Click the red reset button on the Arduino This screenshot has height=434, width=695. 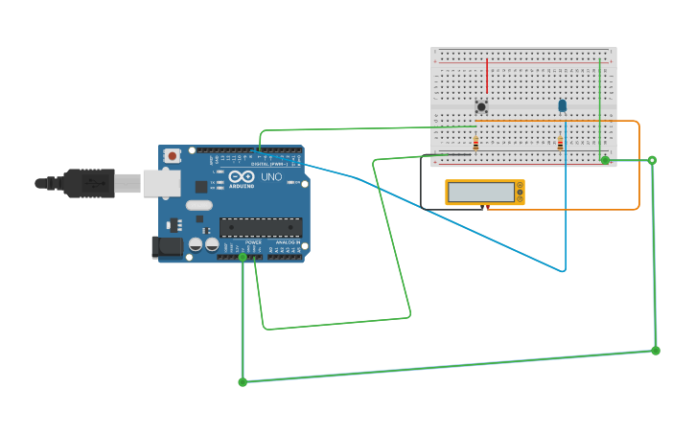[x=172, y=155]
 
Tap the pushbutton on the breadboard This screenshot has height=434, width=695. [x=481, y=106]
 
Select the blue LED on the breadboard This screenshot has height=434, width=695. [x=563, y=105]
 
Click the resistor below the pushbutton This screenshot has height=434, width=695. [x=475, y=144]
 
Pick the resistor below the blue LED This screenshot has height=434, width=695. [x=560, y=144]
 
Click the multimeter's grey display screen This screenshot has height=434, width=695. [x=481, y=192]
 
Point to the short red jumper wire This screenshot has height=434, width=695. [x=487, y=76]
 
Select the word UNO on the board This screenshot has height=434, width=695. [x=272, y=176]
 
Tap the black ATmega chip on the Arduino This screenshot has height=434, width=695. [x=261, y=227]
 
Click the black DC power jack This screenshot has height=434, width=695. [x=168, y=247]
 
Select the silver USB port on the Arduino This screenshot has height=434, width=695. [x=161, y=183]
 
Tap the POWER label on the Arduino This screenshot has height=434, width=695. [x=253, y=243]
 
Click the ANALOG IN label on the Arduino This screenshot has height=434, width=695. [x=288, y=243]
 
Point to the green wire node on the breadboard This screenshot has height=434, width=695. [x=605, y=160]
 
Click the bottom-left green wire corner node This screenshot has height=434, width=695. [x=243, y=382]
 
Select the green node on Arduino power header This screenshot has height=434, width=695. [x=243, y=257]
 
